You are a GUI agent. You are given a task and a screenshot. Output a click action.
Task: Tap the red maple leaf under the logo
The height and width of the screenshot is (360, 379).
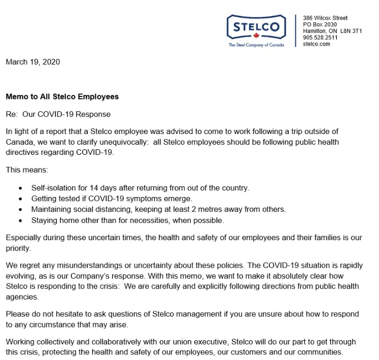tap(256, 37)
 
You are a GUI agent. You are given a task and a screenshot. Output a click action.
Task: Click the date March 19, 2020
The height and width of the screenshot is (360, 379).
tap(33, 62)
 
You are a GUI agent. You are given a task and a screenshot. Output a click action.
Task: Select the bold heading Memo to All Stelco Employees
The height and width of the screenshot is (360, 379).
tap(62, 96)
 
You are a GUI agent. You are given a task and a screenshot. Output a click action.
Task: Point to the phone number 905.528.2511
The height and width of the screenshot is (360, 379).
tap(320, 38)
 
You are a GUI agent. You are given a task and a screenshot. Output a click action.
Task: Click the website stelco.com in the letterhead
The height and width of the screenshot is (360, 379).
tap(317, 44)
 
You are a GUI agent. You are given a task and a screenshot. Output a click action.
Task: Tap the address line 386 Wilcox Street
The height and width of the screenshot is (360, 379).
tap(325, 18)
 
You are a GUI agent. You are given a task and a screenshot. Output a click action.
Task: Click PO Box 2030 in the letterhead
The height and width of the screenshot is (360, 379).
tap(320, 24)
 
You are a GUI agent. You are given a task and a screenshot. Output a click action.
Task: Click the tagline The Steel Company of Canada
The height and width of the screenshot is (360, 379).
tap(256, 45)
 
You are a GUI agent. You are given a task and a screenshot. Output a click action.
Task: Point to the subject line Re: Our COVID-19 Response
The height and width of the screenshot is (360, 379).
tap(58, 114)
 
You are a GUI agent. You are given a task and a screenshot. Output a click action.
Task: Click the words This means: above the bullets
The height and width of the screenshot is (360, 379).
tap(27, 170)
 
